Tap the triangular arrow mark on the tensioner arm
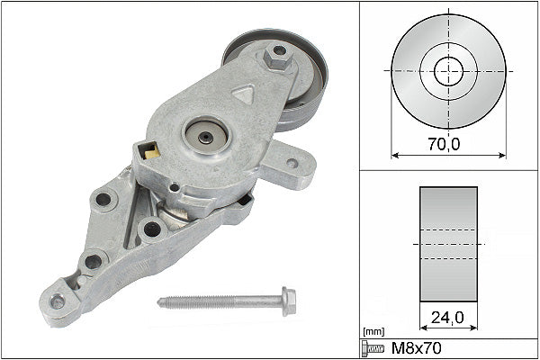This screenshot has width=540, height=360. click(x=242, y=93)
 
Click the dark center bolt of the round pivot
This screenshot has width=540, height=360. click(x=207, y=137)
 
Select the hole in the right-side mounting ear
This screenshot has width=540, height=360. click(x=292, y=164)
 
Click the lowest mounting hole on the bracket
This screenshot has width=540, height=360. click(x=58, y=301)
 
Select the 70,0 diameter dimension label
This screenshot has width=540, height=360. click(x=440, y=142)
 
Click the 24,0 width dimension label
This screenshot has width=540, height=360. click(x=448, y=318)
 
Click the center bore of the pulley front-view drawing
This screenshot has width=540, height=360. click(x=448, y=70)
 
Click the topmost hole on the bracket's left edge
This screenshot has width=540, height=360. click(x=103, y=199)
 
